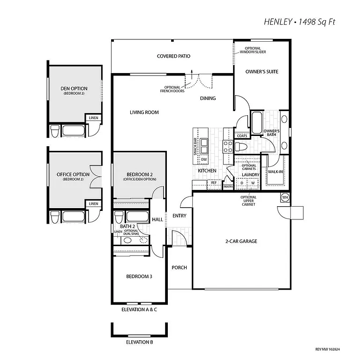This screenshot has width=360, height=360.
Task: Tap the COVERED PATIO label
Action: point(173,56)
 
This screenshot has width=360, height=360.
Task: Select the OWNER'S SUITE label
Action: point(262,72)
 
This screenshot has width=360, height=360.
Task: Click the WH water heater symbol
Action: point(285,197)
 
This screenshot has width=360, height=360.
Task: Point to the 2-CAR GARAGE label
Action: point(241,241)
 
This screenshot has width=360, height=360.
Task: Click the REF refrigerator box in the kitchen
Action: point(214,183)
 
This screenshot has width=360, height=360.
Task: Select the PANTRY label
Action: point(228,187)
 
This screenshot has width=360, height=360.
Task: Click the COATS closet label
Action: point(242,136)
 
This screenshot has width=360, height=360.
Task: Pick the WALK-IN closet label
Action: point(275,172)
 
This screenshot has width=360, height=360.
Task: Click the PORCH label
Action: point(179,268)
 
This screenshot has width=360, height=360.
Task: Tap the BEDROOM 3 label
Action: point(139,277)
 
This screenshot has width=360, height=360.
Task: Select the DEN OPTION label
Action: point(74,89)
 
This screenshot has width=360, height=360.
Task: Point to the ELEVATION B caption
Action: point(139,342)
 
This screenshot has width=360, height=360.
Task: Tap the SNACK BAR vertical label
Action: point(195,147)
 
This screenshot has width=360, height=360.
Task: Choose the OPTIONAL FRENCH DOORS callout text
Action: point(174,89)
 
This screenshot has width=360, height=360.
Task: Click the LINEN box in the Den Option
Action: point(94,118)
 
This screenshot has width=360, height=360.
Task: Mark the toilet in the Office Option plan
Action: point(55,217)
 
